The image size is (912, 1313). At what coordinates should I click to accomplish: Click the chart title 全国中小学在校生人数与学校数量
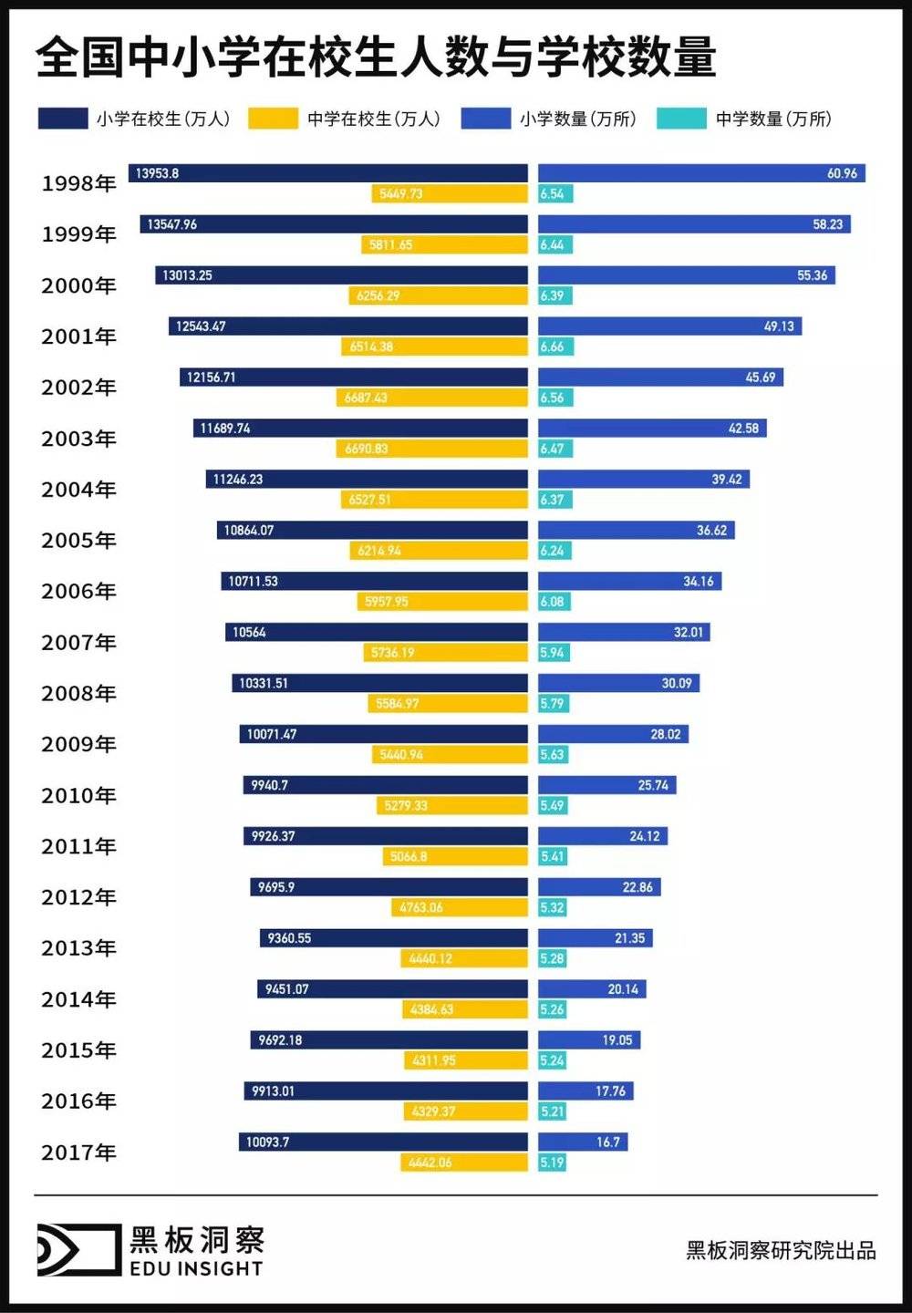(x=376, y=57)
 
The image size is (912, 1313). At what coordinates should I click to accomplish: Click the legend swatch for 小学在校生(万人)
(x=62, y=119)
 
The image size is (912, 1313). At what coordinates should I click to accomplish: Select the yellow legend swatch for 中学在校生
(x=273, y=119)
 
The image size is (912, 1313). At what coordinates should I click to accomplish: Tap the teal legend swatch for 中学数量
(x=681, y=119)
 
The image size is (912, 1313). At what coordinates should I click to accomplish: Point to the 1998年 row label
(x=79, y=183)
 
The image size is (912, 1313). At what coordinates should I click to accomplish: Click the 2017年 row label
(x=79, y=1153)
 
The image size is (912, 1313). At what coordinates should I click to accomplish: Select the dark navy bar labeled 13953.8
(x=328, y=173)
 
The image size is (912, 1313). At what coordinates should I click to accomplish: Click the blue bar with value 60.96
(x=701, y=173)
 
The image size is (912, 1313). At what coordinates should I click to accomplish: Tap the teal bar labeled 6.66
(x=555, y=346)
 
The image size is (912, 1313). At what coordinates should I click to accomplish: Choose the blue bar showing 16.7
(x=583, y=1142)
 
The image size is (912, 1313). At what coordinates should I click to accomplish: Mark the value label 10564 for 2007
(x=249, y=633)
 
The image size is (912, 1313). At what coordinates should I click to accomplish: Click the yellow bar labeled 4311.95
(x=466, y=1060)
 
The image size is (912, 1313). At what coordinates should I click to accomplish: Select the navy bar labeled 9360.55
(x=393, y=938)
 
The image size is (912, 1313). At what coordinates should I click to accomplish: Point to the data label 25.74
(x=653, y=785)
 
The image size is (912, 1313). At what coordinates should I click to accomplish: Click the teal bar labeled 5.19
(x=552, y=1163)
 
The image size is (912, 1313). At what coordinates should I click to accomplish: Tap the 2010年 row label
(x=79, y=796)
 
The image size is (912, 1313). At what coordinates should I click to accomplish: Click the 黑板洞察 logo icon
(x=78, y=1249)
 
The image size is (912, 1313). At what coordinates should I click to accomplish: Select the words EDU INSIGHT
(x=196, y=1269)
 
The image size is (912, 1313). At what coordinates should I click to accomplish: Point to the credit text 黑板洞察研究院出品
(x=781, y=1250)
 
